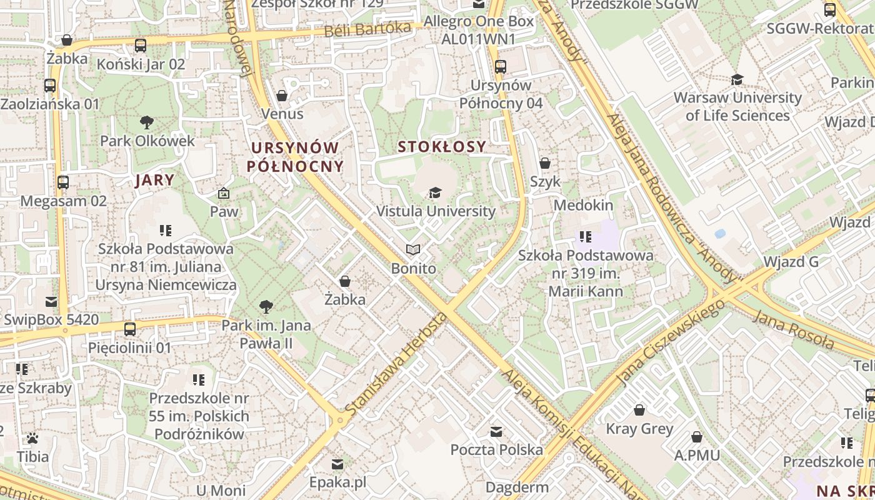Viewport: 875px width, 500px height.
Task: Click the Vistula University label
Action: [x=436, y=211]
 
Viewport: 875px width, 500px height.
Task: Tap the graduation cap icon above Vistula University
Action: [x=436, y=192]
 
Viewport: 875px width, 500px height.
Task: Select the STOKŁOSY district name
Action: [x=442, y=147]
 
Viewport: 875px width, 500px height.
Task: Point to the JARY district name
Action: [x=155, y=181]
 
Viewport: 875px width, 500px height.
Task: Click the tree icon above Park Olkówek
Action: [x=147, y=122]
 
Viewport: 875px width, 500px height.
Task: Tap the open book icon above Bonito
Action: [x=412, y=250]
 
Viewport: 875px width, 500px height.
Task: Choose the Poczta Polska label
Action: [x=497, y=449]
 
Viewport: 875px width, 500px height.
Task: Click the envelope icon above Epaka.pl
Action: [x=337, y=464]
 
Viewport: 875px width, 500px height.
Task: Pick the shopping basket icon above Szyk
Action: [x=545, y=163]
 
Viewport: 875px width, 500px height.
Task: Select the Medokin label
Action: [x=584, y=205]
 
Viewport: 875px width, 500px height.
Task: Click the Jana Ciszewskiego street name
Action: [x=670, y=342]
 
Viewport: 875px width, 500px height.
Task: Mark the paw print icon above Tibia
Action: [x=32, y=438]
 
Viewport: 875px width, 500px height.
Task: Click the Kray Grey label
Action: [x=639, y=429]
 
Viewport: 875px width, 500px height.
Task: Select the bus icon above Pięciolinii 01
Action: [x=130, y=329]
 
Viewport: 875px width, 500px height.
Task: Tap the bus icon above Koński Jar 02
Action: [x=141, y=46]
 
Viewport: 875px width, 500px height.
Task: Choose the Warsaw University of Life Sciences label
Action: [x=737, y=106]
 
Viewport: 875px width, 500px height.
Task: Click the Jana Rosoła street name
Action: [x=794, y=329]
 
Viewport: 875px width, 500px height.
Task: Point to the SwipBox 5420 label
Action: [x=51, y=320]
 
